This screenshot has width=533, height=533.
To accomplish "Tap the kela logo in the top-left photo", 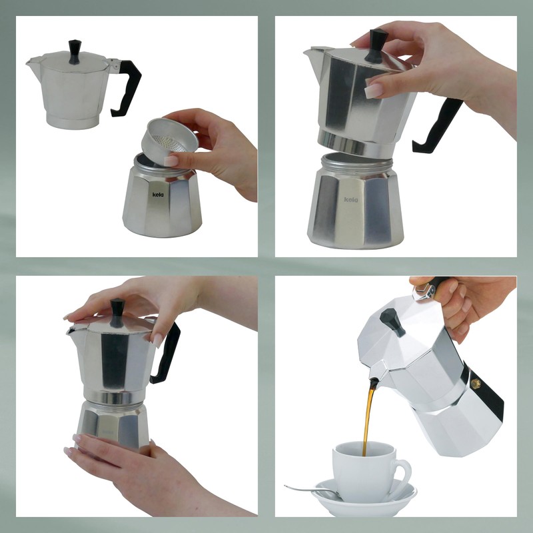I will tap(158, 195).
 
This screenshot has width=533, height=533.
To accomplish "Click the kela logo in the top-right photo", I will tap(351, 199).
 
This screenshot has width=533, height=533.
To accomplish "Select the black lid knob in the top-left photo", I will tap(74, 51).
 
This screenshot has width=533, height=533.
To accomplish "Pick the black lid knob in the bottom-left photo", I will tap(117, 309).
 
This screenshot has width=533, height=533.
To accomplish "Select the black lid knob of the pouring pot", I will tap(392, 322).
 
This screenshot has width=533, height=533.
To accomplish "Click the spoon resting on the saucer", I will tap(313, 492).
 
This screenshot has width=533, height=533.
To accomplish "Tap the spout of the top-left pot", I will tap(31, 63).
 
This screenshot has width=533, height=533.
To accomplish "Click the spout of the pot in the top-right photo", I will tap(310, 52).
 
